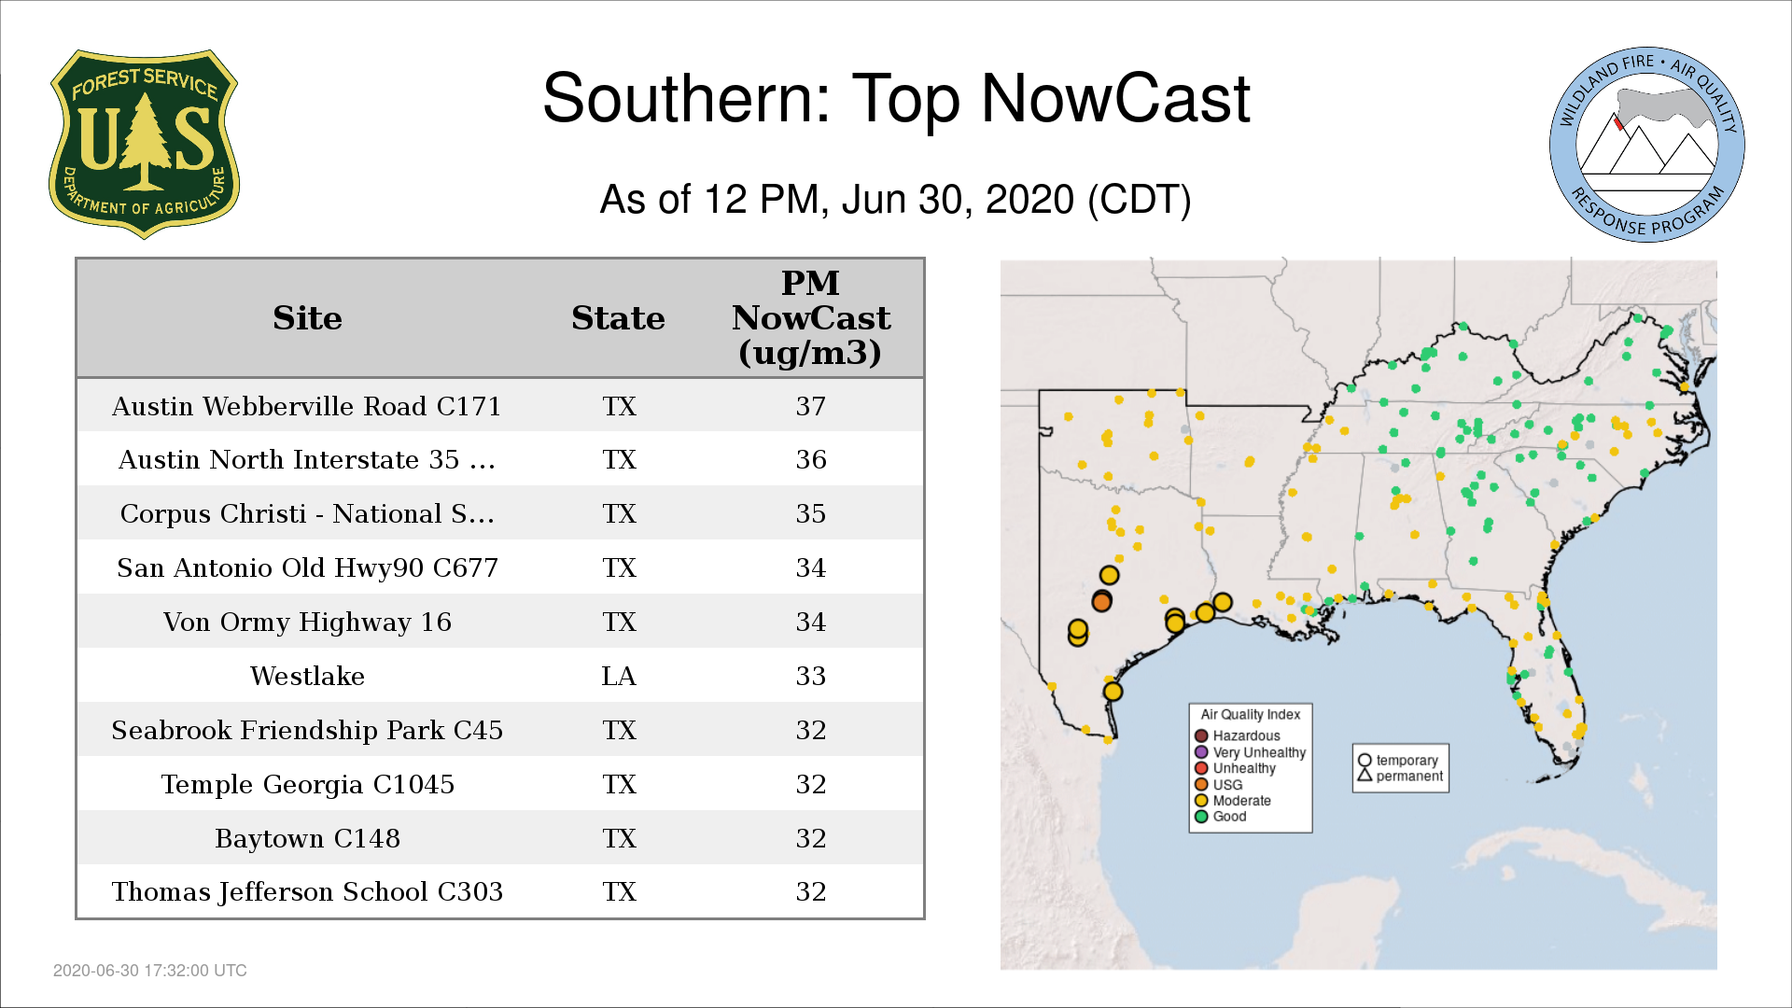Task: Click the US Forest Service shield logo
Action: click(x=144, y=144)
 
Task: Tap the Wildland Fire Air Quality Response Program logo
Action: click(x=1646, y=145)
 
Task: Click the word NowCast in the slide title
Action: click(x=1115, y=98)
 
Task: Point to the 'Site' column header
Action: click(x=307, y=318)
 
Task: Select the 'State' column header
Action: click(x=618, y=318)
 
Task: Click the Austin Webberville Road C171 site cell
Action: click(x=307, y=406)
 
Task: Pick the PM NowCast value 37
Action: click(x=810, y=406)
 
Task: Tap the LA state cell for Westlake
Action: click(x=619, y=676)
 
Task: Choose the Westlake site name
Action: click(x=307, y=676)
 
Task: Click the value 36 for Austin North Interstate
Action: click(x=810, y=459)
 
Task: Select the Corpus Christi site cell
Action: click(x=307, y=513)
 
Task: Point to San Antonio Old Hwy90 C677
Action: click(x=307, y=567)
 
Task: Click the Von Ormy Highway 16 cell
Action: click(x=307, y=622)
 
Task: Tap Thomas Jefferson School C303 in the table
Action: click(x=307, y=891)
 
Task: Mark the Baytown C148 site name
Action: click(x=307, y=838)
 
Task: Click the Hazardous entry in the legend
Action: click(x=1239, y=735)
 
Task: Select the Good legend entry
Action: click(x=1221, y=817)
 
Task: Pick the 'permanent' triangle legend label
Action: click(x=1400, y=776)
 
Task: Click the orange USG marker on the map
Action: click(x=1101, y=602)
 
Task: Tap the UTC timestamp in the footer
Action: click(x=150, y=971)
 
